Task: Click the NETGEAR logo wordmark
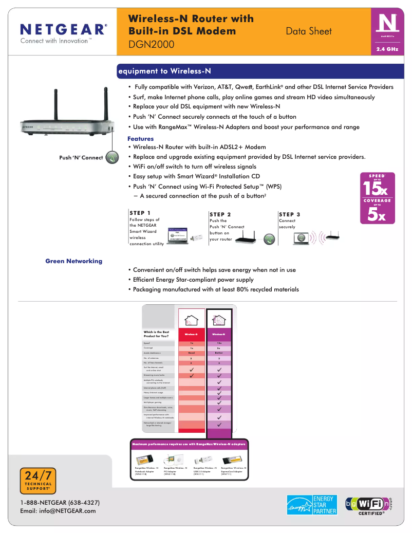point(63,29)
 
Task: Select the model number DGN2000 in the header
point(152,45)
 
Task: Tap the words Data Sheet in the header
point(309,31)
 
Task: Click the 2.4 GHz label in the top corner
point(387,49)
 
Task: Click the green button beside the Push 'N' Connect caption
point(112,157)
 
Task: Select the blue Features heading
point(140,139)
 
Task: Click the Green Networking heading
point(73,261)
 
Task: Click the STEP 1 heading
point(140,213)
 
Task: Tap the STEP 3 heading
point(289,214)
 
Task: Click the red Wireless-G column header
point(191,334)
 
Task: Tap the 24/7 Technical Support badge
point(38,480)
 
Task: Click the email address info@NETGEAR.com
point(58,511)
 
